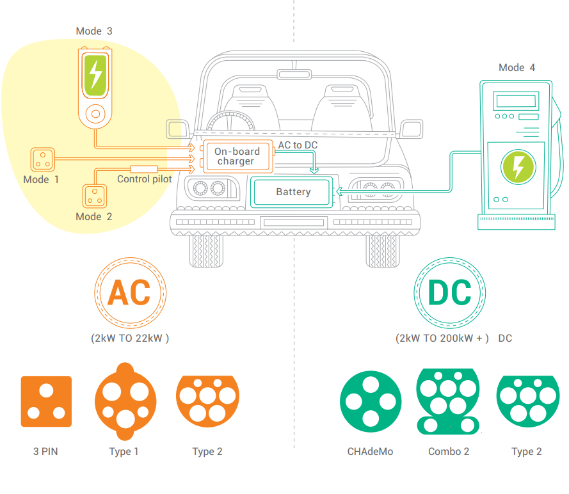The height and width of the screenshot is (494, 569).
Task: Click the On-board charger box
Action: point(237,157)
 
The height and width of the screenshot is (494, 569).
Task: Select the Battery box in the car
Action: point(293,192)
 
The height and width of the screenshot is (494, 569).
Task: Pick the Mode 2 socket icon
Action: point(94,196)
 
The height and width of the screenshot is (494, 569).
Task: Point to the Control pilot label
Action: point(144,179)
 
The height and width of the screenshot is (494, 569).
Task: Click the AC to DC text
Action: point(298,145)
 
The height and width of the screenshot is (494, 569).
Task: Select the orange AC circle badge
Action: point(129,292)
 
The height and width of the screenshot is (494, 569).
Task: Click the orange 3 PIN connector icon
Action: point(46,401)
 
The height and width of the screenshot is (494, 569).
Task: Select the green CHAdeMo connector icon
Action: point(371,401)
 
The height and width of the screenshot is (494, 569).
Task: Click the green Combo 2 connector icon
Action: point(448,401)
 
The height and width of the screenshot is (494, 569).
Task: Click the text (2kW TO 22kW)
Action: point(130,339)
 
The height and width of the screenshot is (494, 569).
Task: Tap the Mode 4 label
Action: point(517,68)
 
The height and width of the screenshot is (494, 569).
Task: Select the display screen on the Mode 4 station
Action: point(516,100)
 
